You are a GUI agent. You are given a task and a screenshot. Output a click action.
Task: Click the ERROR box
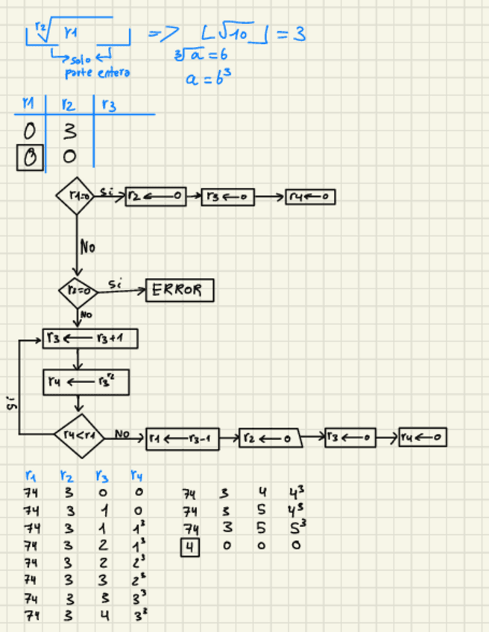179,290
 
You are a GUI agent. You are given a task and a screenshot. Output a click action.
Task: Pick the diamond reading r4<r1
79,432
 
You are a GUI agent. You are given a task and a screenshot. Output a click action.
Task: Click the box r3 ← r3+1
90,339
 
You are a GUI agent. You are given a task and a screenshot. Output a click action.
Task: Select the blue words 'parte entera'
98,73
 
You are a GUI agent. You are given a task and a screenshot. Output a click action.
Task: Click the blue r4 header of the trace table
135,475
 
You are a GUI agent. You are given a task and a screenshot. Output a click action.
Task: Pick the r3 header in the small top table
109,106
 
